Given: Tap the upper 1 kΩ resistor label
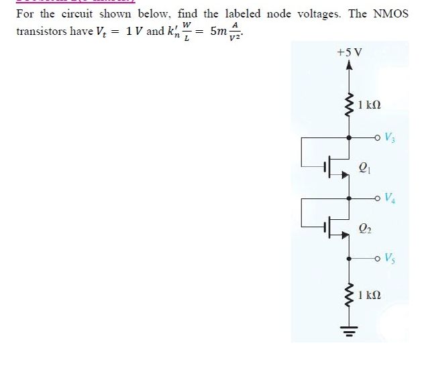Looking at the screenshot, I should click(370, 105).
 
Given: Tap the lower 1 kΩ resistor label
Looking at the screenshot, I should click(370, 294).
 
